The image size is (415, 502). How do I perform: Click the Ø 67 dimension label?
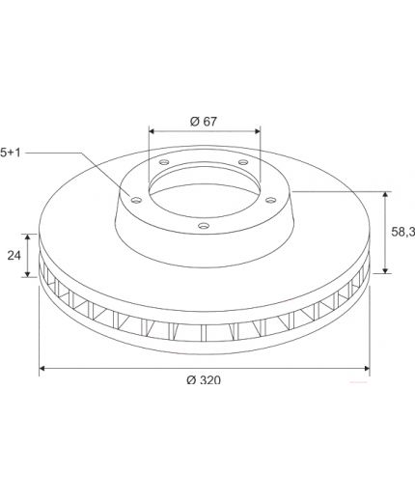(x=204, y=122)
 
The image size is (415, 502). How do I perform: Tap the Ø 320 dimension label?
(x=204, y=380)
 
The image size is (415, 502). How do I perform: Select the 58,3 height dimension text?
(x=402, y=232)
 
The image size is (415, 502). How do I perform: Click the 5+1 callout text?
(x=11, y=153)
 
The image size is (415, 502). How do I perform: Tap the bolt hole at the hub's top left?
(x=164, y=162)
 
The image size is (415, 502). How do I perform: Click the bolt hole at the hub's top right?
(x=243, y=161)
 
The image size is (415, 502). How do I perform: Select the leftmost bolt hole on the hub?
(x=137, y=200)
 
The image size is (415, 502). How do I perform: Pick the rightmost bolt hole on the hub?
(x=271, y=200)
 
